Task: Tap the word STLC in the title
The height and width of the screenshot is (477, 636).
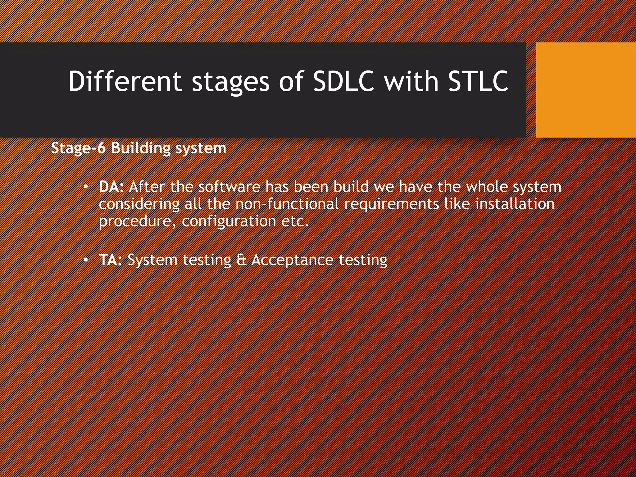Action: tap(478, 81)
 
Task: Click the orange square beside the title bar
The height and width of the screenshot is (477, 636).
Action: tap(586, 90)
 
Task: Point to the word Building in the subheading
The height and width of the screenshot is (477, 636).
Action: tap(141, 148)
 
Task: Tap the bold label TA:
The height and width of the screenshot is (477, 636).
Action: tap(110, 260)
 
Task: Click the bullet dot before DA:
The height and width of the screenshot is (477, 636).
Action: tap(86, 187)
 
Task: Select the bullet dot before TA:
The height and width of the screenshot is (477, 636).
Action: tap(86, 260)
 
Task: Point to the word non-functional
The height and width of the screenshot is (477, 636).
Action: tap(287, 204)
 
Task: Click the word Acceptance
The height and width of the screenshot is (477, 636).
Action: tap(292, 260)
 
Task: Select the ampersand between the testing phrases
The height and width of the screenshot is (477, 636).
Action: tap(241, 260)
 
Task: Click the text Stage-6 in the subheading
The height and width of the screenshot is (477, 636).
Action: tap(78, 148)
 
